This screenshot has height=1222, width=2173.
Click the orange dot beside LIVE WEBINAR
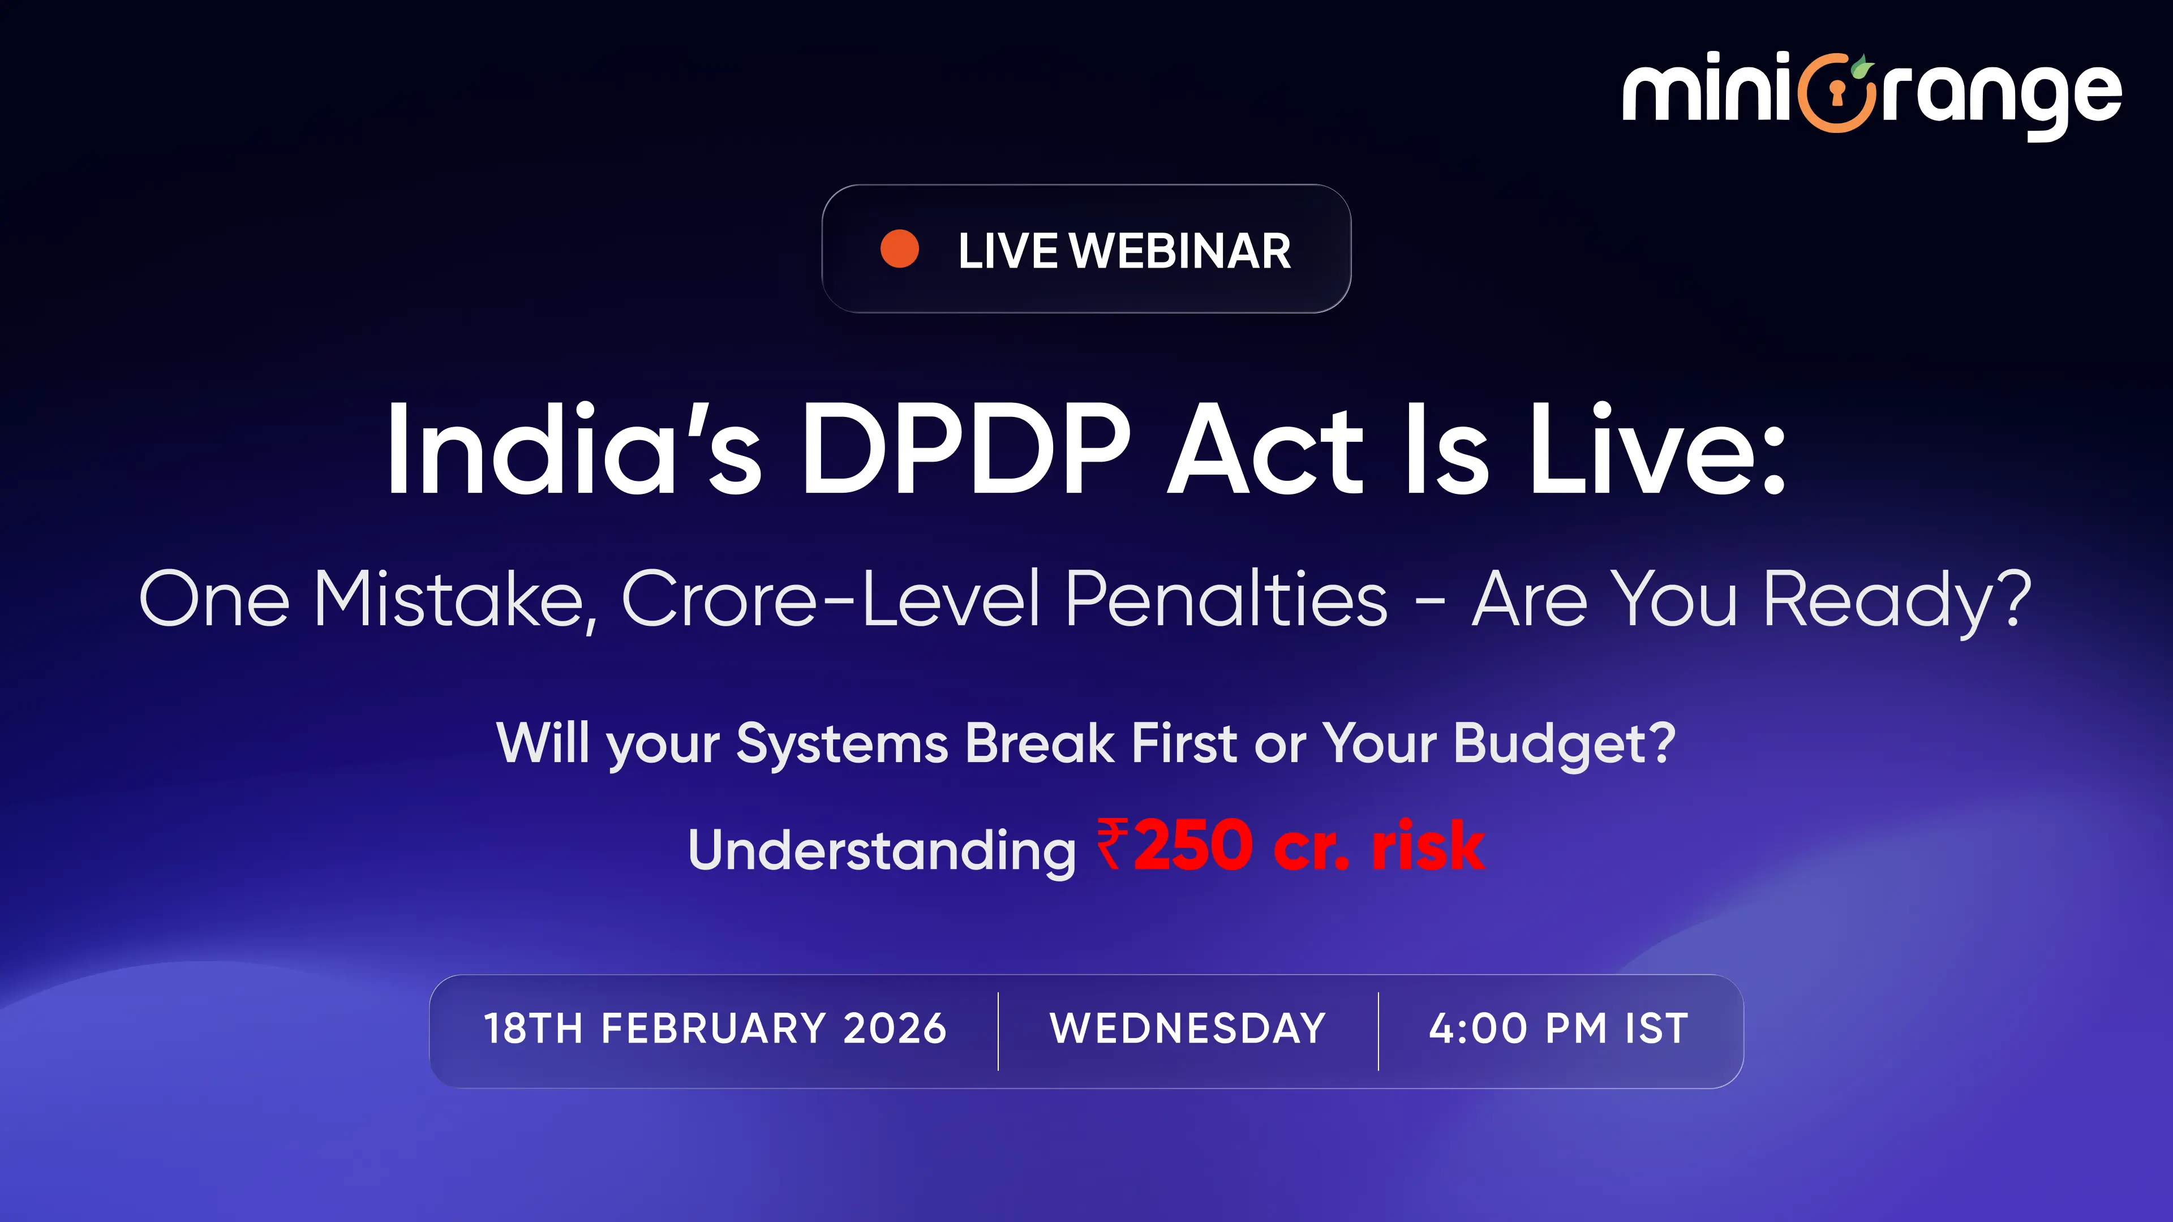[x=899, y=249]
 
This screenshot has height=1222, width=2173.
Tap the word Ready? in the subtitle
[x=1897, y=600]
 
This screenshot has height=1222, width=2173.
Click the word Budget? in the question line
[x=1564, y=744]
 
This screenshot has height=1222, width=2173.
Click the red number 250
[x=1193, y=845]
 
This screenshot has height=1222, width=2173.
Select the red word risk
[x=1427, y=845]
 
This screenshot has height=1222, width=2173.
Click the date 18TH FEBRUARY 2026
[x=715, y=1029]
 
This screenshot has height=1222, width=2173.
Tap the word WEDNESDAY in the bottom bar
[x=1188, y=1029]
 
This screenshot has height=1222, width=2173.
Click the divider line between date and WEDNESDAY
[x=998, y=1031]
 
